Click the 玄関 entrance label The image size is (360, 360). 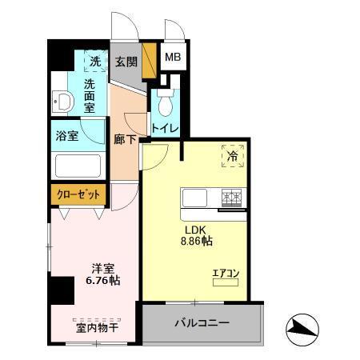126,62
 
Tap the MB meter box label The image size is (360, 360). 172,58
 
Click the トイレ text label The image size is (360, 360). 165,127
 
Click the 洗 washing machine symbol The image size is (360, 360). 94,61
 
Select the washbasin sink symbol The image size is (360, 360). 62,102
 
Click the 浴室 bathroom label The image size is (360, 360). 67,135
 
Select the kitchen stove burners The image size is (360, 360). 232,197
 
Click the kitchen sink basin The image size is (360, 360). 196,198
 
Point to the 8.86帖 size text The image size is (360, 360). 194,238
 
